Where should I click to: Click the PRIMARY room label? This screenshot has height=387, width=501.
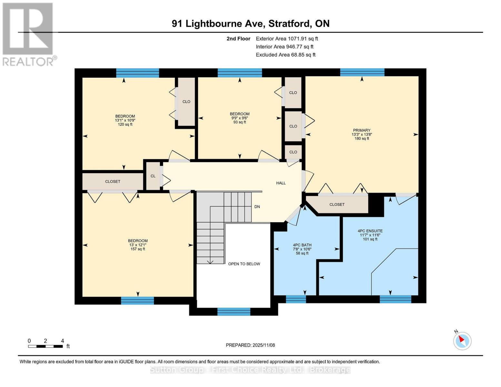[x=362, y=130]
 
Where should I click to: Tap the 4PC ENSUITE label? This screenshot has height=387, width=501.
[x=370, y=231]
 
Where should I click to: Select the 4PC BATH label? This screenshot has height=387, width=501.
[x=302, y=245]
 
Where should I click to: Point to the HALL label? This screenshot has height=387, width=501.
[x=281, y=183]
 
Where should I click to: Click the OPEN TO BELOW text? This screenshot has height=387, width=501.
[x=244, y=264]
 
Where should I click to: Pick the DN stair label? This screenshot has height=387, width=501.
[x=257, y=207]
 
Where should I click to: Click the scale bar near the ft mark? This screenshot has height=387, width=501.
[x=45, y=346]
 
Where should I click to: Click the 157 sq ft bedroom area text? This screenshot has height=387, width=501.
[x=138, y=249]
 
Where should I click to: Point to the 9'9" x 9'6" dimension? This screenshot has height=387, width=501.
[x=240, y=118]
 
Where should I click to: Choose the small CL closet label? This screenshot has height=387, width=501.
[x=153, y=176]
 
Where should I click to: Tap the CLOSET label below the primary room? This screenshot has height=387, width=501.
[x=337, y=204]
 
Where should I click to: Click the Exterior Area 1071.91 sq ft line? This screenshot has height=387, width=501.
[x=287, y=39]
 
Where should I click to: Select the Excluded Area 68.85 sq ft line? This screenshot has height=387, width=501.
[x=286, y=55]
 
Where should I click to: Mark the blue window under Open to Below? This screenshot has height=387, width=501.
[x=234, y=312]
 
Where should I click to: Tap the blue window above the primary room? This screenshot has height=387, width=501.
[x=362, y=72]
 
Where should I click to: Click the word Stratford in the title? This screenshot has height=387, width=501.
[x=289, y=24]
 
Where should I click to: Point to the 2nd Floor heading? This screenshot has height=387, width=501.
[x=238, y=39]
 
